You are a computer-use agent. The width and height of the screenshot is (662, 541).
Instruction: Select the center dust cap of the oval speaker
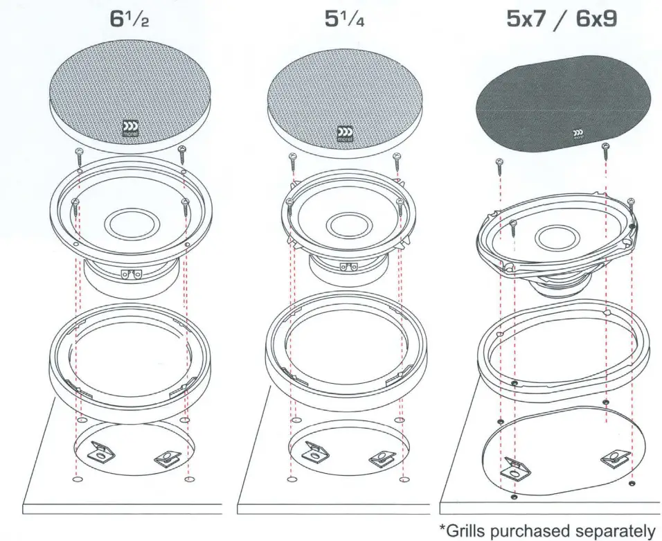point(557,237)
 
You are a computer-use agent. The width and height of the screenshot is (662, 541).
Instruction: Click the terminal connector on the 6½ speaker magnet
point(129,274)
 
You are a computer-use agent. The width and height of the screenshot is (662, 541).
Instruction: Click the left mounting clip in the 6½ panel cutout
point(102,452)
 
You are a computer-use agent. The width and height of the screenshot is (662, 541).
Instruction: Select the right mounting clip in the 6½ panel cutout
point(167,458)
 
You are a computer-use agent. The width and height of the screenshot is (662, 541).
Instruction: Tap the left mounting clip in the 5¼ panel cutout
point(316,452)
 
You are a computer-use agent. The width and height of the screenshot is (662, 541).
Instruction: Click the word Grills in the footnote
point(469,530)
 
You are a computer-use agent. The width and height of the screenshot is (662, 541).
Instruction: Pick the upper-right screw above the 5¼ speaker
point(397,159)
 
